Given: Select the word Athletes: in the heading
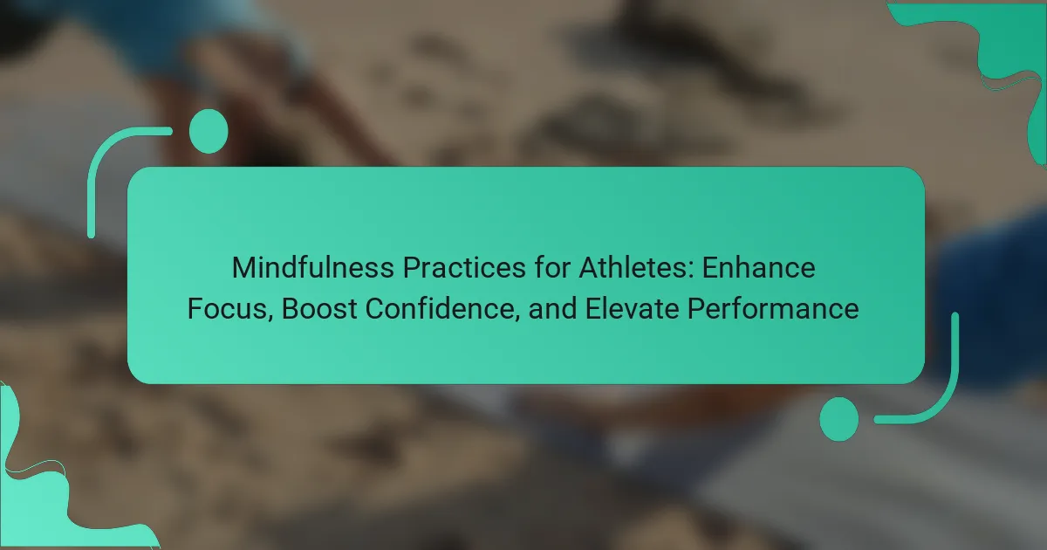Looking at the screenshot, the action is click(x=637, y=267).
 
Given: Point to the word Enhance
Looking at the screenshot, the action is click(x=758, y=267).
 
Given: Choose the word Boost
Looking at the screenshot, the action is click(x=319, y=309).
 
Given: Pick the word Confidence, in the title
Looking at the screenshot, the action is click(x=442, y=309).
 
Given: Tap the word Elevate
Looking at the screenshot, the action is click(x=632, y=309).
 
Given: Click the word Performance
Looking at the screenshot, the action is click(x=773, y=309).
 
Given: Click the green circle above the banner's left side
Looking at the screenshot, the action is click(x=209, y=132).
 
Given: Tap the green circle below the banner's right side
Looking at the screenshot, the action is click(x=839, y=419).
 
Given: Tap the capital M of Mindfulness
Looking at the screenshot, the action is click(x=243, y=267).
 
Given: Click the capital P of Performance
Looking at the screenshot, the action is click(x=695, y=309).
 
